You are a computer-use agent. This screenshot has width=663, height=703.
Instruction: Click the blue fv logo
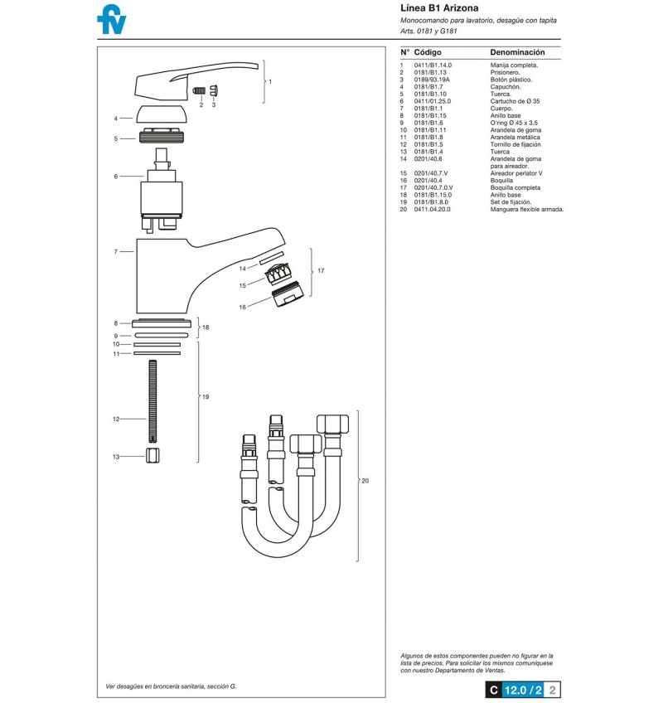112,19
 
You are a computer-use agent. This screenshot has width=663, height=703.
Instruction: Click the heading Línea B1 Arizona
439,7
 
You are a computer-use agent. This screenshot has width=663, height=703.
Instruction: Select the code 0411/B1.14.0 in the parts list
433,65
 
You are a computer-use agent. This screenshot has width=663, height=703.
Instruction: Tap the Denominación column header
517,52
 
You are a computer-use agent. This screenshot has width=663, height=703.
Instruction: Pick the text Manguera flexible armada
527,210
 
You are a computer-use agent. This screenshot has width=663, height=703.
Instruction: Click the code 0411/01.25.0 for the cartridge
432,101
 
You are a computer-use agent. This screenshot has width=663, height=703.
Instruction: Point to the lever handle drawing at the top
196,81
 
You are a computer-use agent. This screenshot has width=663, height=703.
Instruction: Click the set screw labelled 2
199,90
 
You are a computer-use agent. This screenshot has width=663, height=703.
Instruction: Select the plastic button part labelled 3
215,90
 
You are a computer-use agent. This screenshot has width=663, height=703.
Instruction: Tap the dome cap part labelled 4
162,114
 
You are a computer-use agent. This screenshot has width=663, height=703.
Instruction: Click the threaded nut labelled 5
162,136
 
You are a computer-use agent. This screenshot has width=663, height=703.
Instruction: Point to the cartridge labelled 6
162,191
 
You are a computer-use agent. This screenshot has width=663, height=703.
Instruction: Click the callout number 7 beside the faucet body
116,252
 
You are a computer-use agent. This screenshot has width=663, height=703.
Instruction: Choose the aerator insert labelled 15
278,274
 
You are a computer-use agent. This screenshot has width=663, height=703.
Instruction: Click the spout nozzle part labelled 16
288,293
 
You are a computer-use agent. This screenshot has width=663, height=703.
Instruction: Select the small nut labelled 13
152,455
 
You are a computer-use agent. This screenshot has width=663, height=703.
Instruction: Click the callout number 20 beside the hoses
365,481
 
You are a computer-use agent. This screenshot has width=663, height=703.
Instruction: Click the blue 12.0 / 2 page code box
522,690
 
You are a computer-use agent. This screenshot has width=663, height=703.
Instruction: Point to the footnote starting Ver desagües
171,686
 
